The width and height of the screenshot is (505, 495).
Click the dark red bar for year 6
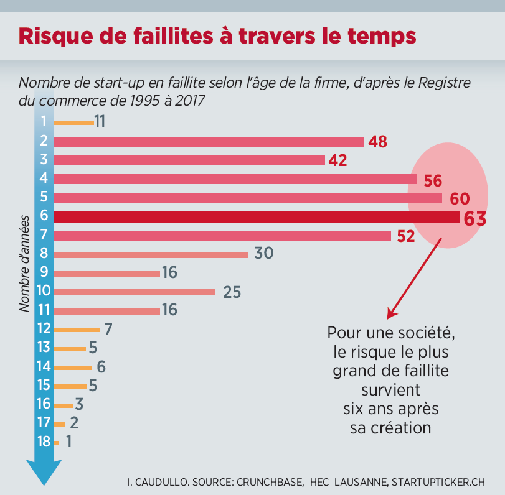(x=255, y=217)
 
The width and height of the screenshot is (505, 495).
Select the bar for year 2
(x=208, y=142)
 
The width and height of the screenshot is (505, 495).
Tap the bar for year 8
(x=151, y=254)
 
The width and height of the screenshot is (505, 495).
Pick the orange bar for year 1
(x=73, y=123)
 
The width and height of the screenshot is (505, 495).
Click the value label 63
(x=473, y=218)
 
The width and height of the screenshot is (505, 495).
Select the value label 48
(x=377, y=142)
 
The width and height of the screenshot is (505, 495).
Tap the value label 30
(x=264, y=254)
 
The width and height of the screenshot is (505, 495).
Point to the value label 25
(x=232, y=292)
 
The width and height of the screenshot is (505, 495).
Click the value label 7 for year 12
(x=108, y=329)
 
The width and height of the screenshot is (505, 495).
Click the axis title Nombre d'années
(x=24, y=264)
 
